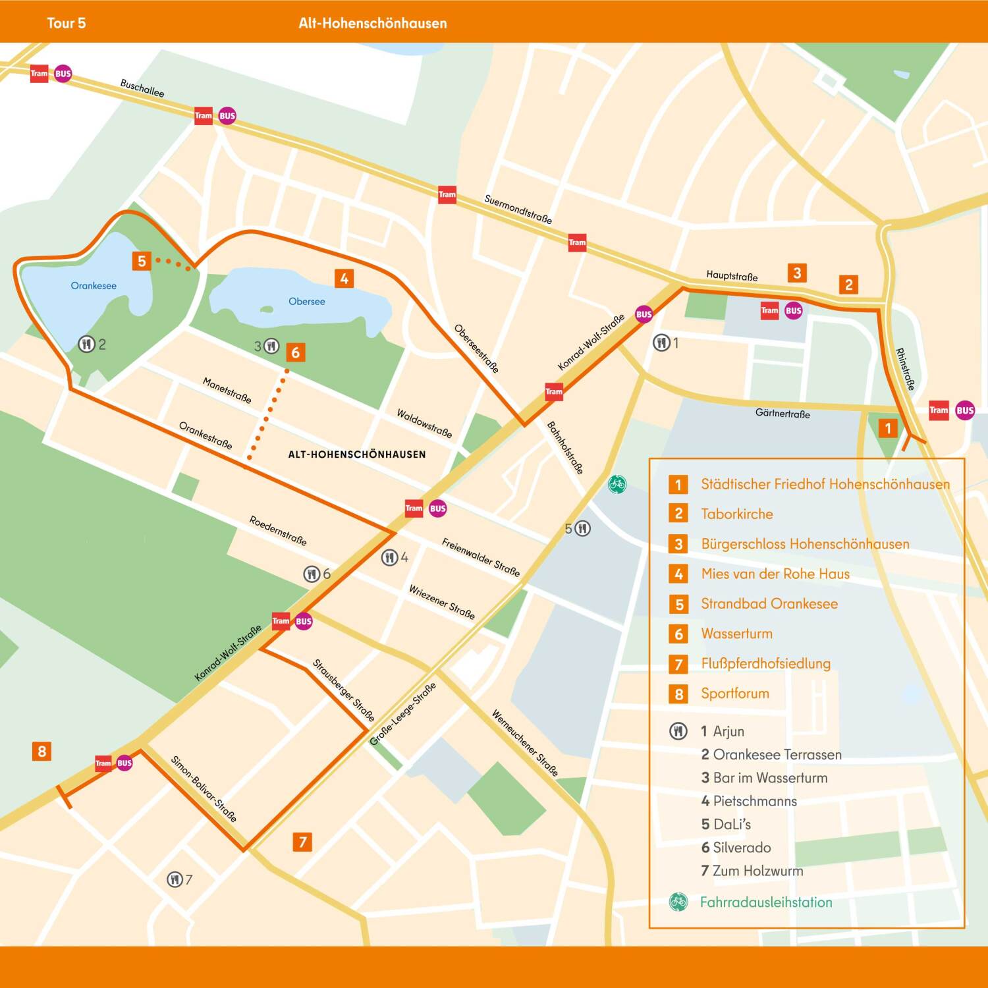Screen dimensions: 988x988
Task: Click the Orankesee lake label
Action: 94,286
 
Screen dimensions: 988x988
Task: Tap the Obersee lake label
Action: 307,302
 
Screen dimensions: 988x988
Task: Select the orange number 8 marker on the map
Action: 42,751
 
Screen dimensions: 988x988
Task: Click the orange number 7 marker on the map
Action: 302,841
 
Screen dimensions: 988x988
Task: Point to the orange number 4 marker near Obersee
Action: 344,279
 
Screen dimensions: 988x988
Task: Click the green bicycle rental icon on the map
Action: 617,484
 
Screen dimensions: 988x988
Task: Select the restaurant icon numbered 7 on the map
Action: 175,879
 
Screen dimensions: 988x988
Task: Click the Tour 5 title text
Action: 67,23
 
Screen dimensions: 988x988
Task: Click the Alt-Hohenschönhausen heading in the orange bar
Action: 373,23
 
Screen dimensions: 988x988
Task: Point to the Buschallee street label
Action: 142,88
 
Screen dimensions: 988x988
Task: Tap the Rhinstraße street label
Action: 905,369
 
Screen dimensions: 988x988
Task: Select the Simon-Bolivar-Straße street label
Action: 204,788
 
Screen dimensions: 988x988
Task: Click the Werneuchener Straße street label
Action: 525,743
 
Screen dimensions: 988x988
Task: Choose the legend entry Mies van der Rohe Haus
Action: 775,574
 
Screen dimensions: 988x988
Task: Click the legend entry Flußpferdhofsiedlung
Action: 765,663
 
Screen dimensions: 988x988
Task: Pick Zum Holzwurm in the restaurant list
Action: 757,871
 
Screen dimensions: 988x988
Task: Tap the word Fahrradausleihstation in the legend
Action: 766,902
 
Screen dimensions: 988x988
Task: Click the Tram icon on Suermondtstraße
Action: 447,194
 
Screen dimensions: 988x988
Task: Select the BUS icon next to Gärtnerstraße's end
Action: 965,410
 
